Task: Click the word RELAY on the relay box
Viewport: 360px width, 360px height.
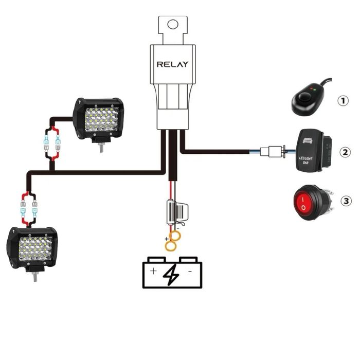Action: coord(172,64)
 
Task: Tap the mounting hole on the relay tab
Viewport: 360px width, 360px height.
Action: coord(173,24)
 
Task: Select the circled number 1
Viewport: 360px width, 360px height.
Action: coord(344,101)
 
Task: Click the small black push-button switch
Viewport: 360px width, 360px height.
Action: coord(307,101)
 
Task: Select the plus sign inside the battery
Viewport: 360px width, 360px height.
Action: coord(153,271)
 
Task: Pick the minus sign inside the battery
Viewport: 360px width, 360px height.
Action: coord(190,271)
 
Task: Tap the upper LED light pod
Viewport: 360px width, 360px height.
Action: coord(99,118)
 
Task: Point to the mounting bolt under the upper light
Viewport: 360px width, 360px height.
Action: coord(100,148)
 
